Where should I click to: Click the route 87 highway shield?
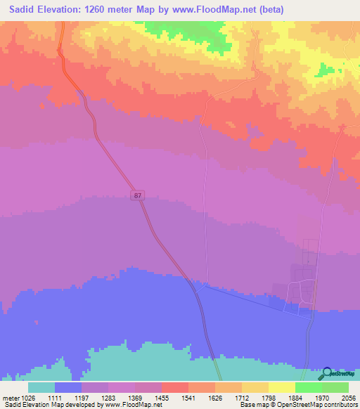pyautogui.click(x=137, y=196)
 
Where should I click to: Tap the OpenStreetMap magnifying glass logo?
pyautogui.click(x=328, y=374)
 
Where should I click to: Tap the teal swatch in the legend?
pyautogui.click(x=41, y=387)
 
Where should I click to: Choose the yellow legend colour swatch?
pyautogui.click(x=281, y=387)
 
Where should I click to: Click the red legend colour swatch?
pyautogui.click(x=174, y=387)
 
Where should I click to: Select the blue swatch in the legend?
pyautogui.click(x=68, y=387)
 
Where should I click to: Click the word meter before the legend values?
pyautogui.click(x=10, y=398)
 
